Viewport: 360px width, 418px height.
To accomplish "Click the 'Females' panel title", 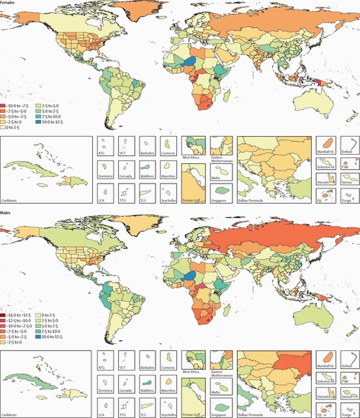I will click(x=10, y=3).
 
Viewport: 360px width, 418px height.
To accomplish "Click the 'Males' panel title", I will click(x=8, y=213).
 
